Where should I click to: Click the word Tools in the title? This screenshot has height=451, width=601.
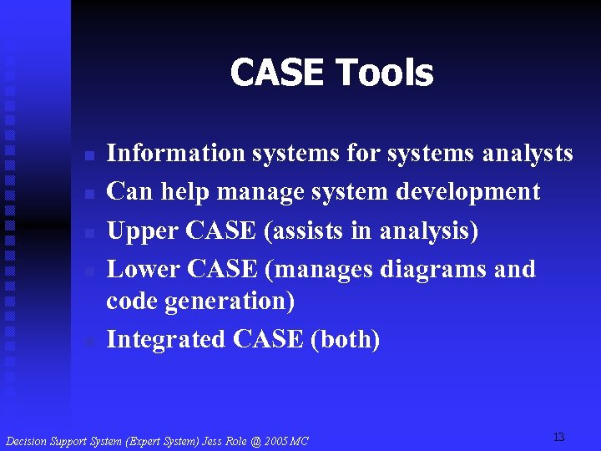click(x=383, y=73)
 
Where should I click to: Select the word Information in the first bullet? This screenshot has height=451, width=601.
click(x=175, y=153)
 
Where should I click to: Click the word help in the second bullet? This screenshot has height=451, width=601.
click(x=184, y=191)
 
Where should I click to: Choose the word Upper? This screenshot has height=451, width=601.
click(x=144, y=231)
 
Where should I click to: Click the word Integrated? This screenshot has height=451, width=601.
click(x=167, y=339)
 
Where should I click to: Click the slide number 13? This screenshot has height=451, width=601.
click(x=558, y=437)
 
